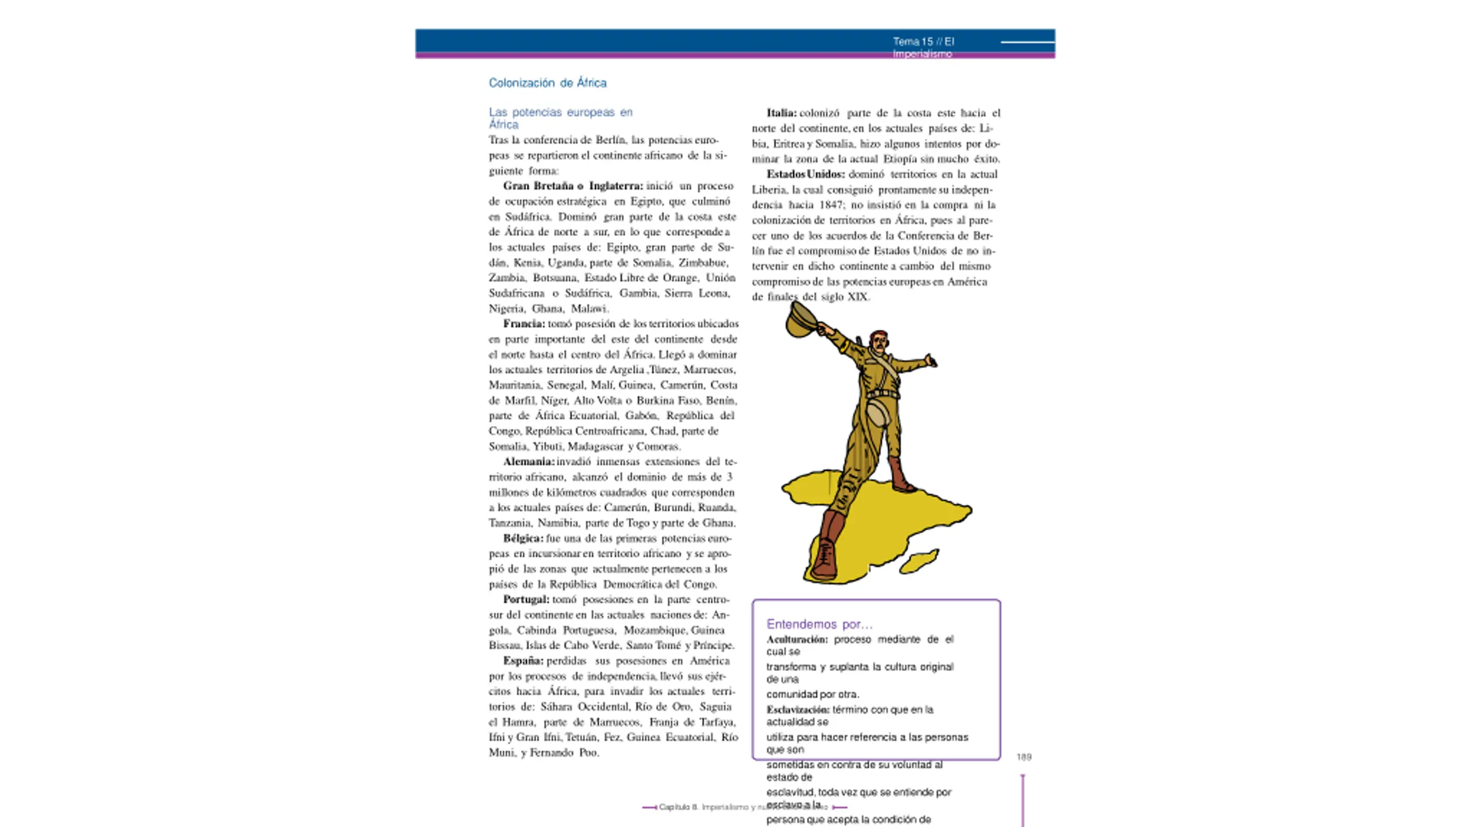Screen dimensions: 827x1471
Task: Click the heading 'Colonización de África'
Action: click(x=547, y=83)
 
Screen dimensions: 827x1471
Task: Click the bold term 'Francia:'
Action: click(x=523, y=324)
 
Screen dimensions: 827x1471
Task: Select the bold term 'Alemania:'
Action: click(x=528, y=462)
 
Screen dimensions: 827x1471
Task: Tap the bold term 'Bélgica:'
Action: click(x=522, y=539)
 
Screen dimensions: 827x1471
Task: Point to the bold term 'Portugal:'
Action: click(x=526, y=600)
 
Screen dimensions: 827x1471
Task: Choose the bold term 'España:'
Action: click(x=523, y=661)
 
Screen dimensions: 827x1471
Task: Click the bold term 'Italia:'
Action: click(x=781, y=113)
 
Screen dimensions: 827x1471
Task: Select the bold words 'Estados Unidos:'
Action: click(x=805, y=175)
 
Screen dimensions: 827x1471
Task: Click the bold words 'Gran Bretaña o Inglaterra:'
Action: click(x=573, y=186)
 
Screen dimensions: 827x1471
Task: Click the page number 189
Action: click(x=1023, y=758)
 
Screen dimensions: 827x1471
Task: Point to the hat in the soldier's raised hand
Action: click(x=799, y=320)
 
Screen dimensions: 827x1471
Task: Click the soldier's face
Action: click(x=879, y=343)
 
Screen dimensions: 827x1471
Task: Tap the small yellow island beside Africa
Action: click(x=919, y=561)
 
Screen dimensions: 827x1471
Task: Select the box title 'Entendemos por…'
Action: click(x=819, y=624)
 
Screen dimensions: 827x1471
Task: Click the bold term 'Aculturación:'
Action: click(x=796, y=640)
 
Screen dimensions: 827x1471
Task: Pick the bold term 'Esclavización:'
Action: click(x=798, y=710)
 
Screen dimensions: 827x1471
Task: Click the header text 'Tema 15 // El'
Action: click(x=923, y=41)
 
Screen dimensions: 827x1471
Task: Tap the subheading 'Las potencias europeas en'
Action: click(x=560, y=113)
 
